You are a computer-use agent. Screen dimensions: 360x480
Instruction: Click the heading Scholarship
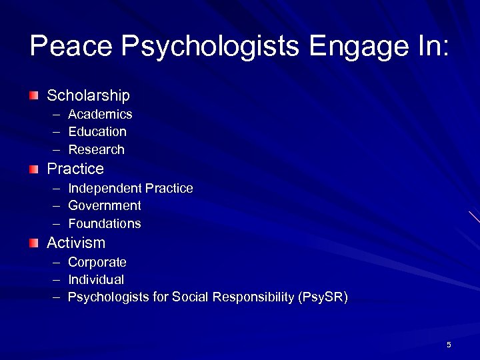point(88,96)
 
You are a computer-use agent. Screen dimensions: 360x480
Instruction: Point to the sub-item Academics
point(100,114)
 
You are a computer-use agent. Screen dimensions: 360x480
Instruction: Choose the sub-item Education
point(97,131)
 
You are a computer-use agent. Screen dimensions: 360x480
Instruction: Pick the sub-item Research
point(97,149)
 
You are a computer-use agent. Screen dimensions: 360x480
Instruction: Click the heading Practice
point(75,169)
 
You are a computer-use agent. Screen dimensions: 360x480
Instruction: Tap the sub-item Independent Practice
point(131,188)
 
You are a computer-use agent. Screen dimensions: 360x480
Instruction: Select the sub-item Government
point(105,205)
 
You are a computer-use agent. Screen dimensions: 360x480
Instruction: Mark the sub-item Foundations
point(105,223)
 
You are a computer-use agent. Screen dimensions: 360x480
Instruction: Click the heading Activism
point(76,243)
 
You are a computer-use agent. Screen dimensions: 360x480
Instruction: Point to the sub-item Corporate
point(97,262)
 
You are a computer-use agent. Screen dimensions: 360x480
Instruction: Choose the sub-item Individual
point(96,279)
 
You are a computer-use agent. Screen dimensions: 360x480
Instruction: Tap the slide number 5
point(449,345)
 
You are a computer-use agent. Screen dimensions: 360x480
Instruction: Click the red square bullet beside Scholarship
point(34,96)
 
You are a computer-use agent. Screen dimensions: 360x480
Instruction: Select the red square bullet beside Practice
point(34,169)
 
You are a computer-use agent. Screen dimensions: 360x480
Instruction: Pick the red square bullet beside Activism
point(34,243)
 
